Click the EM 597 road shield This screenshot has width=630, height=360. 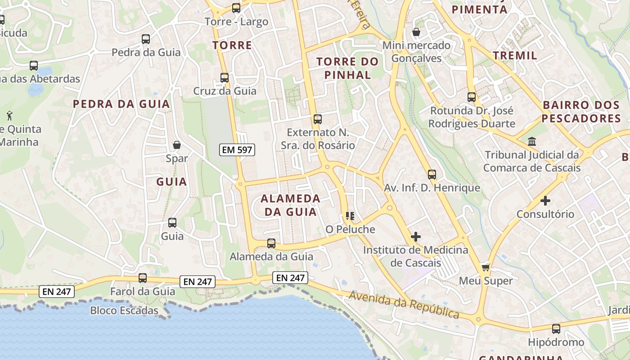pos(238,150)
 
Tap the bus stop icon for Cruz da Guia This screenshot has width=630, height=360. pos(225,77)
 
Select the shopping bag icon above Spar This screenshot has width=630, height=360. pos(177,145)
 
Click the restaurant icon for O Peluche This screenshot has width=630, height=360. pos(350,216)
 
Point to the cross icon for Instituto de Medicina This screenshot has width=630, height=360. pos(416,236)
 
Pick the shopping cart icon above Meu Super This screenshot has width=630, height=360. pos(486,267)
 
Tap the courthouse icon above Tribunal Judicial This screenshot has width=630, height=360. pos(532,141)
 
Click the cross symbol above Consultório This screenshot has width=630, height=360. pos(545,200)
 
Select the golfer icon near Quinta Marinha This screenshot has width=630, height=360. pos(9,116)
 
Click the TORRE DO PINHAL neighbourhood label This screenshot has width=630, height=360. pos(348,68)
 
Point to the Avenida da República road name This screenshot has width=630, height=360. pos(404,305)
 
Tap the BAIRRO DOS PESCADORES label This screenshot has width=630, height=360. pos(581,112)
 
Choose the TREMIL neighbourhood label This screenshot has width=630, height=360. pos(515,55)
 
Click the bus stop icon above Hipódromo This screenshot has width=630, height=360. pos(556,329)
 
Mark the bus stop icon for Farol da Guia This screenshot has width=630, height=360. pos(143,278)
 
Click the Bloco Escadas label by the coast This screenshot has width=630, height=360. pos(124,310)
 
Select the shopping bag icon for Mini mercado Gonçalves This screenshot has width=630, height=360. pos(416,32)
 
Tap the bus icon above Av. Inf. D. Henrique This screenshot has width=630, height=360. pos(432,174)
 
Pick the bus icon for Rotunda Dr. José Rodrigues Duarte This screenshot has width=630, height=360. pos(472,97)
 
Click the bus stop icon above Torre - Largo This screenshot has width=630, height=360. pos(236,8)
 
